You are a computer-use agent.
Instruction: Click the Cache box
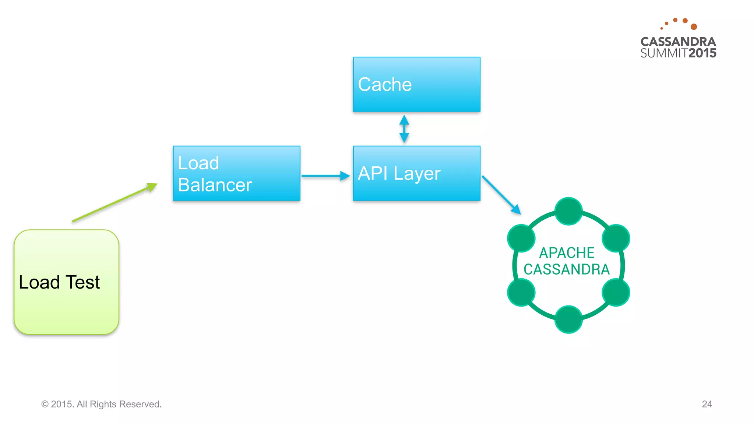pos(416,84)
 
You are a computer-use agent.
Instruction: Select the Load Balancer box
pos(236,173)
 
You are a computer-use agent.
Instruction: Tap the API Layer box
pos(416,173)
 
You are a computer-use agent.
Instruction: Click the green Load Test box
pos(66,282)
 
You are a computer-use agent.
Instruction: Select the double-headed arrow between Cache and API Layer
pos(404,129)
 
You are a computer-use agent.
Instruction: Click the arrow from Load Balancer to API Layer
pos(325,176)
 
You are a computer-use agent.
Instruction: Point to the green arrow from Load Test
pos(114,203)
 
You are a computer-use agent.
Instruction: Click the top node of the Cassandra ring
pos(568,211)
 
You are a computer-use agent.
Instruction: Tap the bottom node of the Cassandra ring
pos(568,319)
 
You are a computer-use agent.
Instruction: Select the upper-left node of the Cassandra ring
pos(521,238)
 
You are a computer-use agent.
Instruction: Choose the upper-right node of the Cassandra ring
pos(616,238)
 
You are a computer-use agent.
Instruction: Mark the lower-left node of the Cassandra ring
pos(521,292)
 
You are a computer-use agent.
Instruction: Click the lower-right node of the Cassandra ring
pos(616,292)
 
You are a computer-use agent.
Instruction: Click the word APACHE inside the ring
pos(567,253)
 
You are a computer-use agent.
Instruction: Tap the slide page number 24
pos(707,404)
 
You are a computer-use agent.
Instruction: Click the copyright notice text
pos(101,404)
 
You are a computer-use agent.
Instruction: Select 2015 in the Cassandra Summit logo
pos(702,53)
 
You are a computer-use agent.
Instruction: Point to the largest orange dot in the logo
pos(694,27)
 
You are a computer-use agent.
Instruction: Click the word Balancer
pos(215,185)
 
